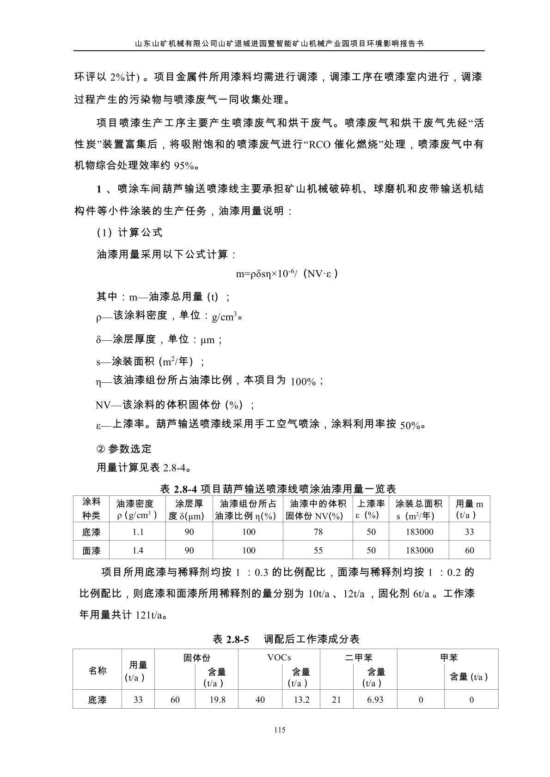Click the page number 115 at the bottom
click(279, 730)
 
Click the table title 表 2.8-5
click(286, 639)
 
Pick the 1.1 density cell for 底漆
click(138, 532)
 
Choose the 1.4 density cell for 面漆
click(138, 550)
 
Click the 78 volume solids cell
click(318, 532)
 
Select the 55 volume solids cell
click(318, 550)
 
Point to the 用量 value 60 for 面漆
click(469, 550)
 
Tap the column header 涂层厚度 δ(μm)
click(189, 510)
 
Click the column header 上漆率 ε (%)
click(371, 510)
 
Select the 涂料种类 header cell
click(91, 509)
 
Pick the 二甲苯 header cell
click(359, 657)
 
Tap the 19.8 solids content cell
click(217, 699)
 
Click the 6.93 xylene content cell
click(375, 699)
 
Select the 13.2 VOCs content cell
click(301, 699)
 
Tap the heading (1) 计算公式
click(129, 233)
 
